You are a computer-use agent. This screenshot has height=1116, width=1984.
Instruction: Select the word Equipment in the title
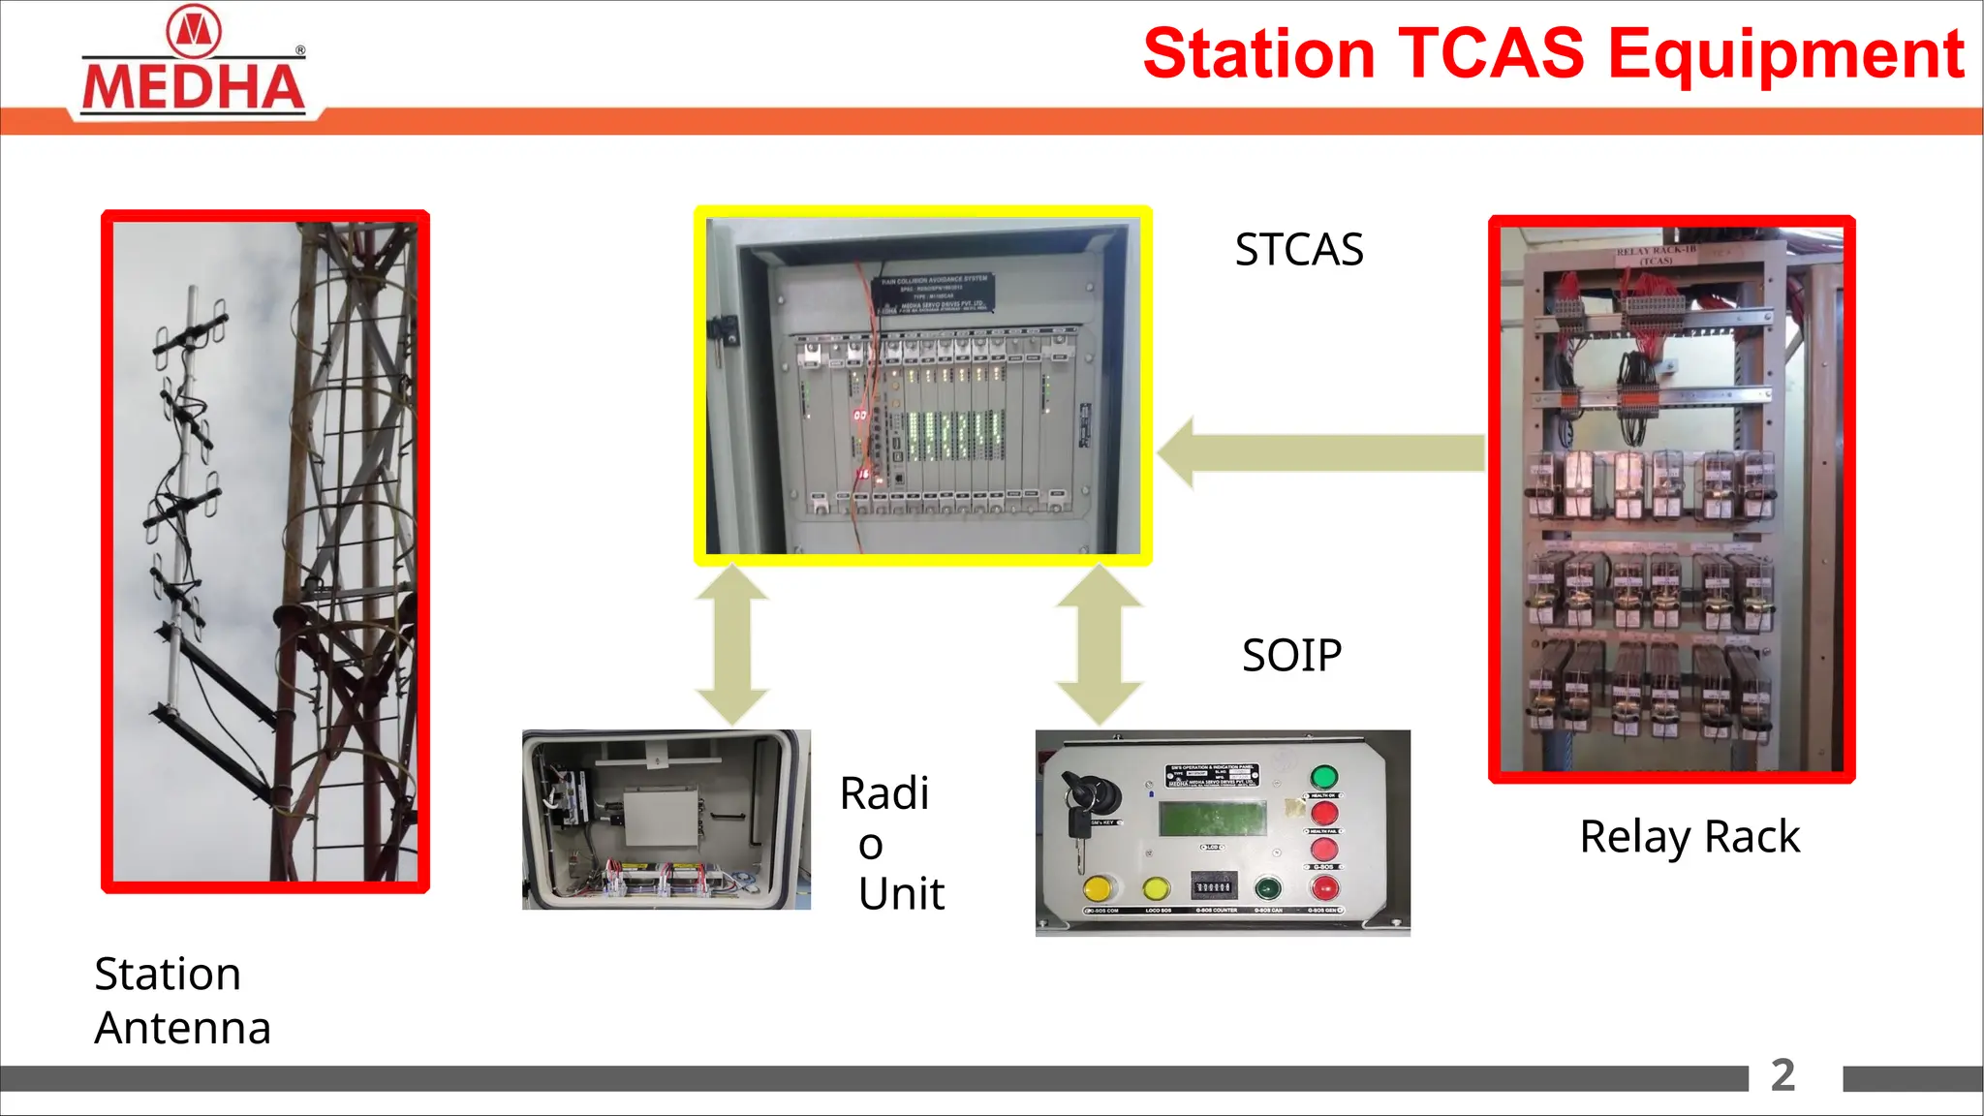tap(1785, 55)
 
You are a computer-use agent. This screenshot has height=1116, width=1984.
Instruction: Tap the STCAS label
tap(1298, 250)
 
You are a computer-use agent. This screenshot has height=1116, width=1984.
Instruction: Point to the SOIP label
tap(1291, 656)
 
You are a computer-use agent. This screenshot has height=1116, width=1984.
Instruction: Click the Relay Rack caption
tap(1689, 837)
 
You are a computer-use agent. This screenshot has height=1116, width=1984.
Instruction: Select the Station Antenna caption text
tap(182, 1001)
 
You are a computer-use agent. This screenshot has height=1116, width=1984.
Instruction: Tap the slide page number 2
tap(1782, 1075)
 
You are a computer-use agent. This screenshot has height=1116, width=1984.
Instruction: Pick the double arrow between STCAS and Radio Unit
tap(732, 645)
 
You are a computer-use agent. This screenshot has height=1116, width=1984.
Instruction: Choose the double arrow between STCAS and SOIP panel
tap(1099, 645)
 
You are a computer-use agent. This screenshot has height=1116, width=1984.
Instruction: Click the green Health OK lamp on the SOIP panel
tap(1323, 777)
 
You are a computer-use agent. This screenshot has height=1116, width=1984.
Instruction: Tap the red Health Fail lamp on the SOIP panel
tap(1323, 813)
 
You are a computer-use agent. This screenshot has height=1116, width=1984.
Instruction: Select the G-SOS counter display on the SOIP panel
tap(1213, 886)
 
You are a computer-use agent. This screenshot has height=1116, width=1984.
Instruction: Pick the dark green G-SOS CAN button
tap(1267, 887)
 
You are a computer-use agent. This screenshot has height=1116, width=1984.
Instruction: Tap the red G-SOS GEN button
tap(1324, 887)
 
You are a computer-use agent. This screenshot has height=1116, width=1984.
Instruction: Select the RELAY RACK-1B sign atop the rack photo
tap(1656, 255)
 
